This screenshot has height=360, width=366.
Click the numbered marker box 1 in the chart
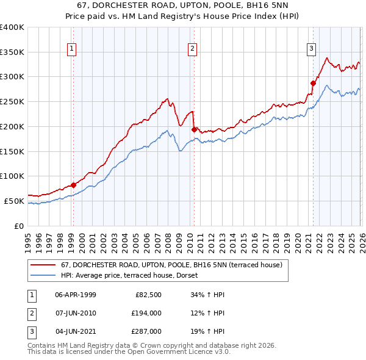click(x=73, y=49)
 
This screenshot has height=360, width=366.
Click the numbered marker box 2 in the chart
click(x=193, y=49)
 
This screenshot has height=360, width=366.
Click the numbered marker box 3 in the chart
click(x=311, y=49)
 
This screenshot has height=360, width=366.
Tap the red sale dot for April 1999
click(x=73, y=185)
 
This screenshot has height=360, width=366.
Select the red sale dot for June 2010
click(x=193, y=129)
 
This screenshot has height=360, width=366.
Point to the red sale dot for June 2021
click(x=313, y=83)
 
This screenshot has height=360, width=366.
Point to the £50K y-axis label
click(x=14, y=201)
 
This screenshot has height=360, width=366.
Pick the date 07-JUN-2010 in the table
click(x=75, y=313)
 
